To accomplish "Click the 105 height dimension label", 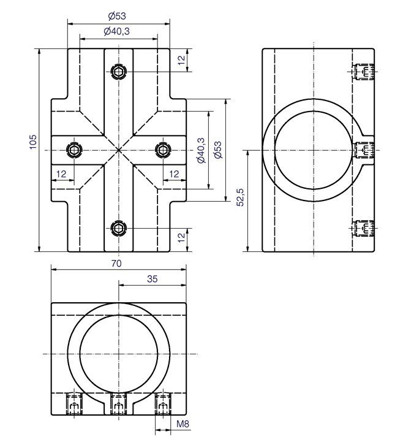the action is tap(33, 142).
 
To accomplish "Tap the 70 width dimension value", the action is tap(116, 263).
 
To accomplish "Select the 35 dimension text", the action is tap(153, 279).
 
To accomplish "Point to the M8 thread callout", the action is tap(183, 424).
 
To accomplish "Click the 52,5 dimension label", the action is tap(240, 197).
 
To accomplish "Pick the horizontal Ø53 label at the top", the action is tap(117, 16).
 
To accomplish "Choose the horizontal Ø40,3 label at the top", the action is tap(116, 31).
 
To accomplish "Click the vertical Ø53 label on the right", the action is tap(217, 150).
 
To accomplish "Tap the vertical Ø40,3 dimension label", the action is tap(201, 150).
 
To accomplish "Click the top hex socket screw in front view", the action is tap(119, 72).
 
